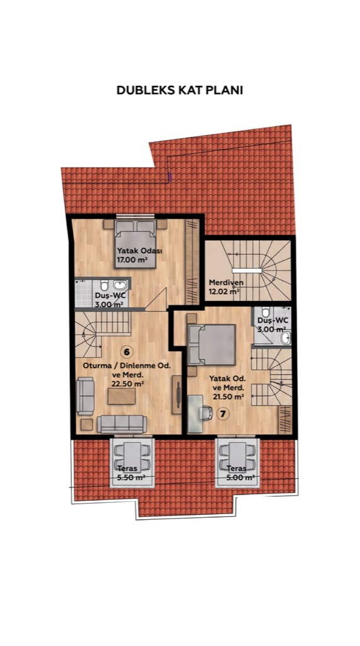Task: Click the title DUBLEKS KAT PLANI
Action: tap(180, 90)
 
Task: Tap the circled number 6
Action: tap(127, 351)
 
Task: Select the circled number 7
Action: tap(223, 414)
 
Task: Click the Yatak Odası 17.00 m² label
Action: tap(132, 255)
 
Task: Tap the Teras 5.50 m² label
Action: tap(127, 473)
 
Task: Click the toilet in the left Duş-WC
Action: tap(105, 285)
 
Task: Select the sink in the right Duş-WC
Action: tap(285, 338)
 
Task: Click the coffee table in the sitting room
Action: tap(122, 396)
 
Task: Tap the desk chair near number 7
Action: tap(206, 413)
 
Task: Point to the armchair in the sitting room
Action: tap(85, 396)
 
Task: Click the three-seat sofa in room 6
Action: tap(122, 424)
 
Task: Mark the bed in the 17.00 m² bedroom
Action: tap(135, 244)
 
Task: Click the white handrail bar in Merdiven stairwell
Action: tap(247, 270)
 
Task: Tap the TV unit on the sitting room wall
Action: tap(177, 395)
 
